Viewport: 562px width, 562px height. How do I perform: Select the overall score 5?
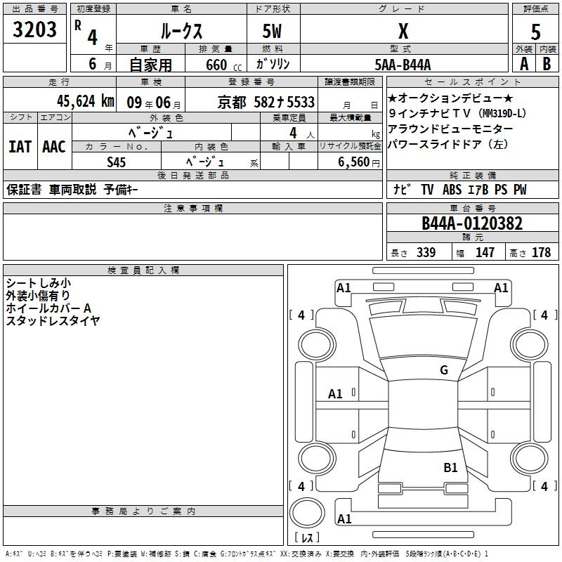535,31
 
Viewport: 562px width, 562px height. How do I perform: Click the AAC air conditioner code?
53,147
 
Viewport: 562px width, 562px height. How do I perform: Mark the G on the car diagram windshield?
443,370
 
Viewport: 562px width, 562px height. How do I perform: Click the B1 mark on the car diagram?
450,467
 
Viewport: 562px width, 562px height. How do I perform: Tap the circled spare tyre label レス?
306,539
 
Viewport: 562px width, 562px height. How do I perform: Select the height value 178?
541,253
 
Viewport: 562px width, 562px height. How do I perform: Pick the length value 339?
426,253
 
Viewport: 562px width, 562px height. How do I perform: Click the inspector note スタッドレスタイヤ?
53,321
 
